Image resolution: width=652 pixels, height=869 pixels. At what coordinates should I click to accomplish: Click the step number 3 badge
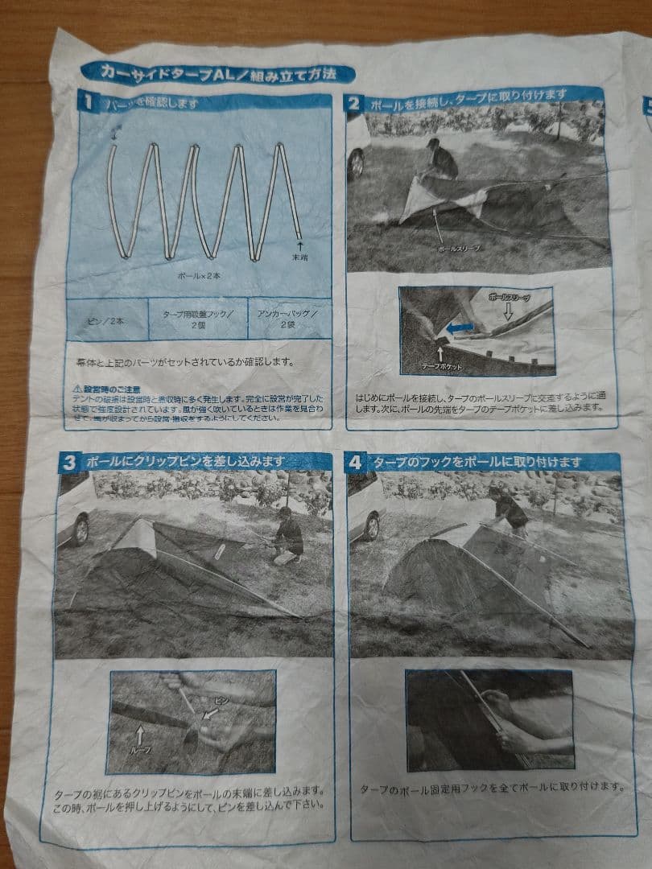coord(69,462)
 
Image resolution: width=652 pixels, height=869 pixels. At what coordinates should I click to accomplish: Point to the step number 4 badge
coord(356,463)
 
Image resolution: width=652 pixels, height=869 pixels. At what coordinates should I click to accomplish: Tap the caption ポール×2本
coord(199,275)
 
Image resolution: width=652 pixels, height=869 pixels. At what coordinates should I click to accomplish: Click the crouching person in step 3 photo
coord(287,535)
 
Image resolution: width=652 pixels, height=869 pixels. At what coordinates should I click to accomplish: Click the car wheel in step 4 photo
coord(371,526)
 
